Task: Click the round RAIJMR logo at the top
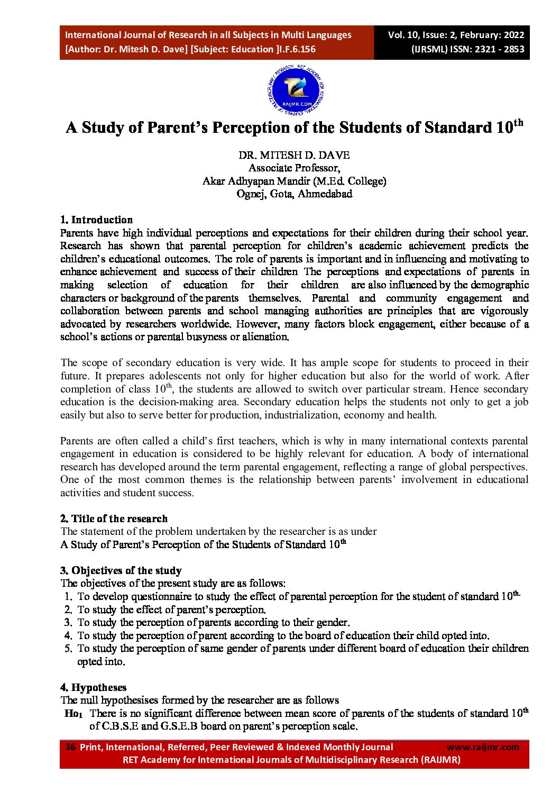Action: click(296, 92)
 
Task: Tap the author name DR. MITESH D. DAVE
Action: click(294, 155)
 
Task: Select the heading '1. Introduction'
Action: click(96, 220)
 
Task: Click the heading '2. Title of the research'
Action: click(114, 518)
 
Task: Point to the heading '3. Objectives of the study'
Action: click(121, 570)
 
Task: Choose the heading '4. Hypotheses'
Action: click(93, 687)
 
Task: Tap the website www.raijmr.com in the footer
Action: click(483, 747)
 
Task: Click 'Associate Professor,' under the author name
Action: click(294, 168)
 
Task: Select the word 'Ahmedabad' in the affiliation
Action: click(325, 194)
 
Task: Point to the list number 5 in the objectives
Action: click(68, 649)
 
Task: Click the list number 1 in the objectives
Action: click(68, 597)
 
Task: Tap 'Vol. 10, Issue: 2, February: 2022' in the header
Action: click(456, 35)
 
